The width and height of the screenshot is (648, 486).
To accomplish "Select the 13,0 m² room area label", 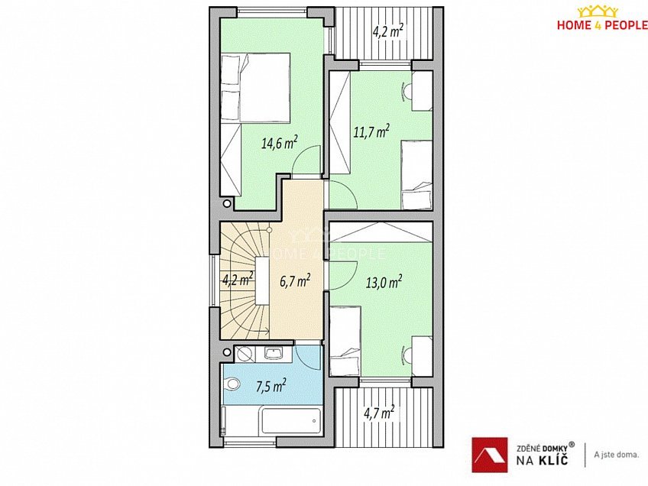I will pos(384,282).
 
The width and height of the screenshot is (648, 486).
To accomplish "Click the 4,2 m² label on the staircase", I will pos(237,279).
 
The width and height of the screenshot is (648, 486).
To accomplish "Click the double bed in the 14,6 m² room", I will pos(255,87).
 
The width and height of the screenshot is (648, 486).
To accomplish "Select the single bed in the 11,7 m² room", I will pos(417,175).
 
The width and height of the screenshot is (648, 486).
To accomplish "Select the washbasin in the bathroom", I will pos(273,353).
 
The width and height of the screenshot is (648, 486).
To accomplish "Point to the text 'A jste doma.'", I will pos(616,455).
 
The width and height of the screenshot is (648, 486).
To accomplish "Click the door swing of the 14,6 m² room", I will pos(305,161).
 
